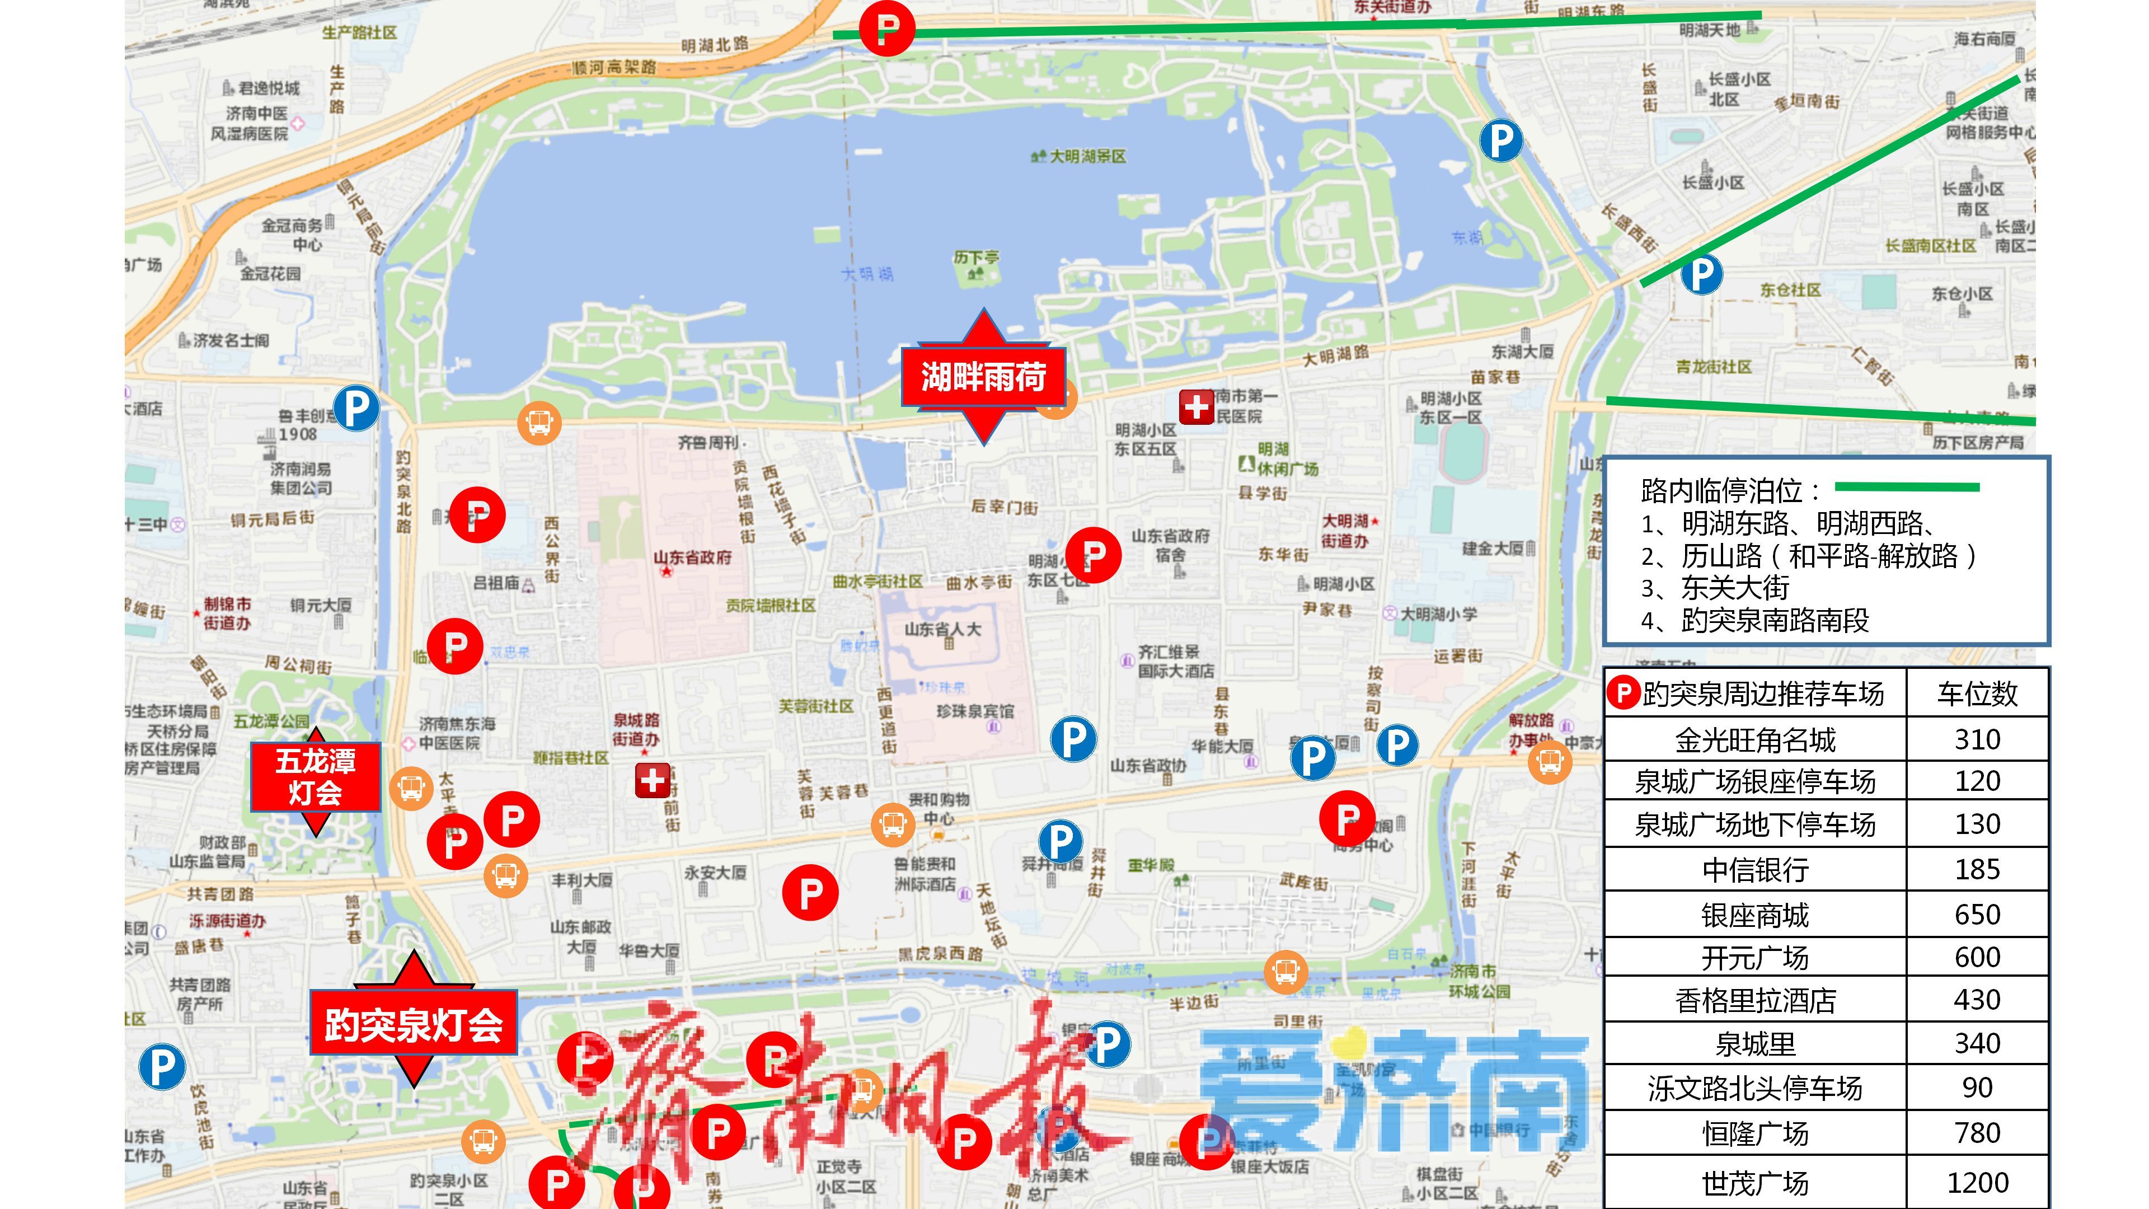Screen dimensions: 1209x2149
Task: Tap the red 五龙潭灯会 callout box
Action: point(315,777)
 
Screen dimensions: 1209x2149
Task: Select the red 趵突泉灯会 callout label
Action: point(413,1024)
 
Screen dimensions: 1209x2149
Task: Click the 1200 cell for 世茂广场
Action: point(1977,1182)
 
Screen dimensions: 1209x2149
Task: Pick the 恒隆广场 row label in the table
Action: point(1755,1133)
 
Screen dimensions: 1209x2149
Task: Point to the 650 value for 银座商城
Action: point(1977,915)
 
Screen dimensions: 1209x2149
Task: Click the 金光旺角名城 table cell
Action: point(1755,739)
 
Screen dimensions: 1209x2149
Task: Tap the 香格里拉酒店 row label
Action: point(1755,1000)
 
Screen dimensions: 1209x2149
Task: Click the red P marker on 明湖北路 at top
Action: point(887,29)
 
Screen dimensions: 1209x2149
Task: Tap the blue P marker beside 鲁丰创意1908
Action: point(356,408)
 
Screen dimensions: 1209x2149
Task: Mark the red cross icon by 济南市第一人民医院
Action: point(1197,407)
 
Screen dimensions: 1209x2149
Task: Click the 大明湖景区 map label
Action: point(1086,156)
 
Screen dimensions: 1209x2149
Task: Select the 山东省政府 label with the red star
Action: point(692,557)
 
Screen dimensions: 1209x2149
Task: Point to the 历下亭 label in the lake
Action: point(976,259)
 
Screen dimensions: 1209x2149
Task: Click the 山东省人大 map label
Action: point(942,629)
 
